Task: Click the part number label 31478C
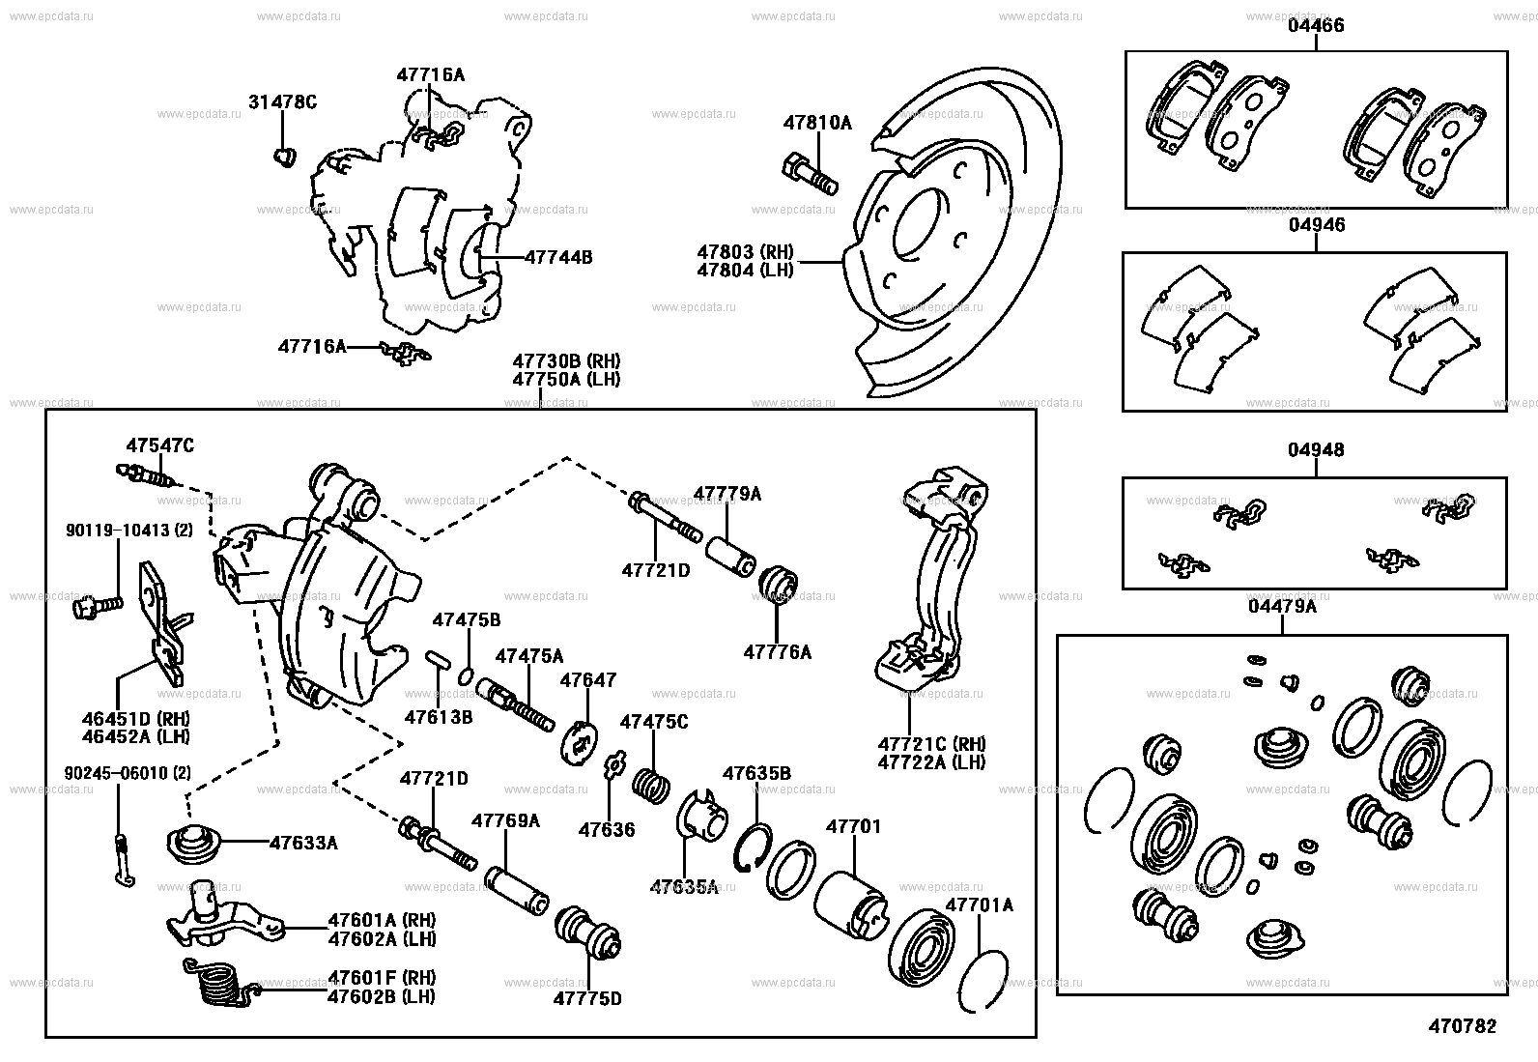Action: [x=282, y=101]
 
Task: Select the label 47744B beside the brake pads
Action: [x=557, y=257]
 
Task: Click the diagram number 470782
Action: [x=1463, y=1026]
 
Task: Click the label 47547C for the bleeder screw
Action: [x=159, y=445]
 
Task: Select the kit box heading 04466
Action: [x=1315, y=26]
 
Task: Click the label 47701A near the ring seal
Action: [x=979, y=904]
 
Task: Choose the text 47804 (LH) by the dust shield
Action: [x=745, y=271]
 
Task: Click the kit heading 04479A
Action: [x=1282, y=606]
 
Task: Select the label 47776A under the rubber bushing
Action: [x=778, y=652]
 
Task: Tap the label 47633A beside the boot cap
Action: [x=303, y=843]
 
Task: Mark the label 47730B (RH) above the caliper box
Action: [x=566, y=361]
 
